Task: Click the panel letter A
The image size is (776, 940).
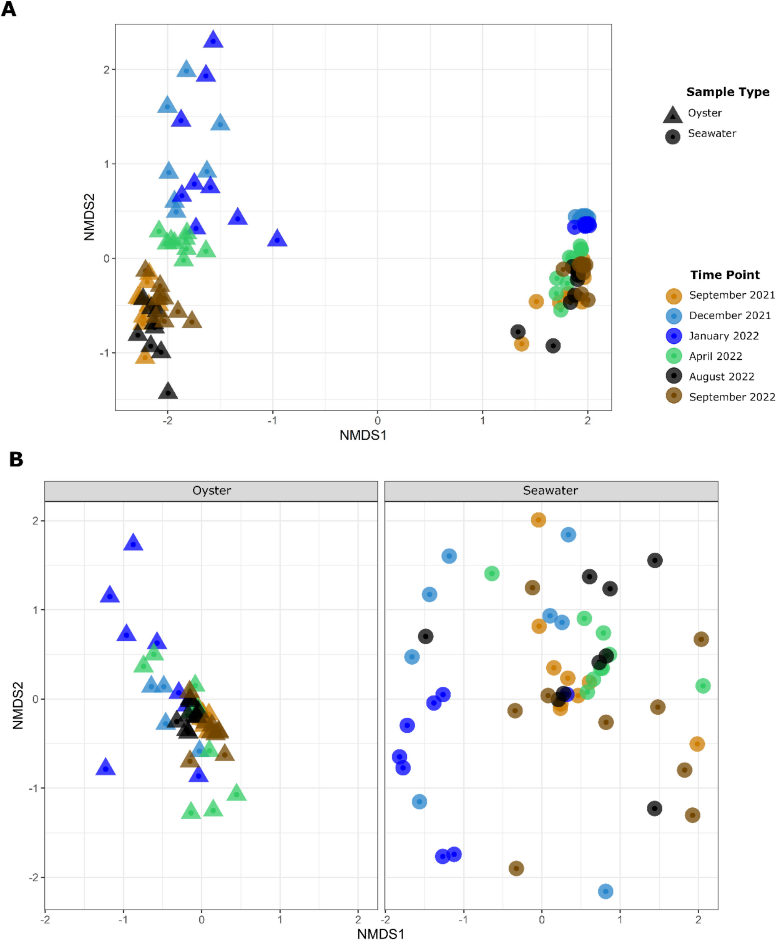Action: pos(8,9)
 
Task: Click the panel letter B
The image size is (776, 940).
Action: pos(16,459)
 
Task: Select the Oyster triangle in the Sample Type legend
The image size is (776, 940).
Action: pos(672,115)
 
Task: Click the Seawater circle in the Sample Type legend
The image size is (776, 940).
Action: pos(672,136)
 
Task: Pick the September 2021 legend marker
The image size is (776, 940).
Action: pos(674,296)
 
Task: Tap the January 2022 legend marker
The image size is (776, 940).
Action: pos(674,336)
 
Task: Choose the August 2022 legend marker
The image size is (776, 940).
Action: pos(674,376)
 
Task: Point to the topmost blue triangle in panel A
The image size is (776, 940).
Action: pos(213,40)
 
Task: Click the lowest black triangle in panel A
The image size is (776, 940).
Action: pos(168,391)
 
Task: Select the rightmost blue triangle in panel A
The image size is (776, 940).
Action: pos(277,239)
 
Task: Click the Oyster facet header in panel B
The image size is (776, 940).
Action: pos(211,491)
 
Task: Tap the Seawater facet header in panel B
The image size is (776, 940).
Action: pos(550,491)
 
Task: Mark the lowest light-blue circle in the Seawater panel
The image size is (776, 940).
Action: pos(605,891)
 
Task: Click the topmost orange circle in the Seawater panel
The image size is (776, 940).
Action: pos(538,520)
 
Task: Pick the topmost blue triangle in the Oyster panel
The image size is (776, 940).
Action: pos(133,544)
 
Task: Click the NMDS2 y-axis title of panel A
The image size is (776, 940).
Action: pos(89,217)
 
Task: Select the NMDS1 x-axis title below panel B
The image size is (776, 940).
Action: pos(380,934)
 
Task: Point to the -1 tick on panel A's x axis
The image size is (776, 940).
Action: pos(272,421)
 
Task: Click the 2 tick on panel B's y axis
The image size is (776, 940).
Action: pos(35,521)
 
